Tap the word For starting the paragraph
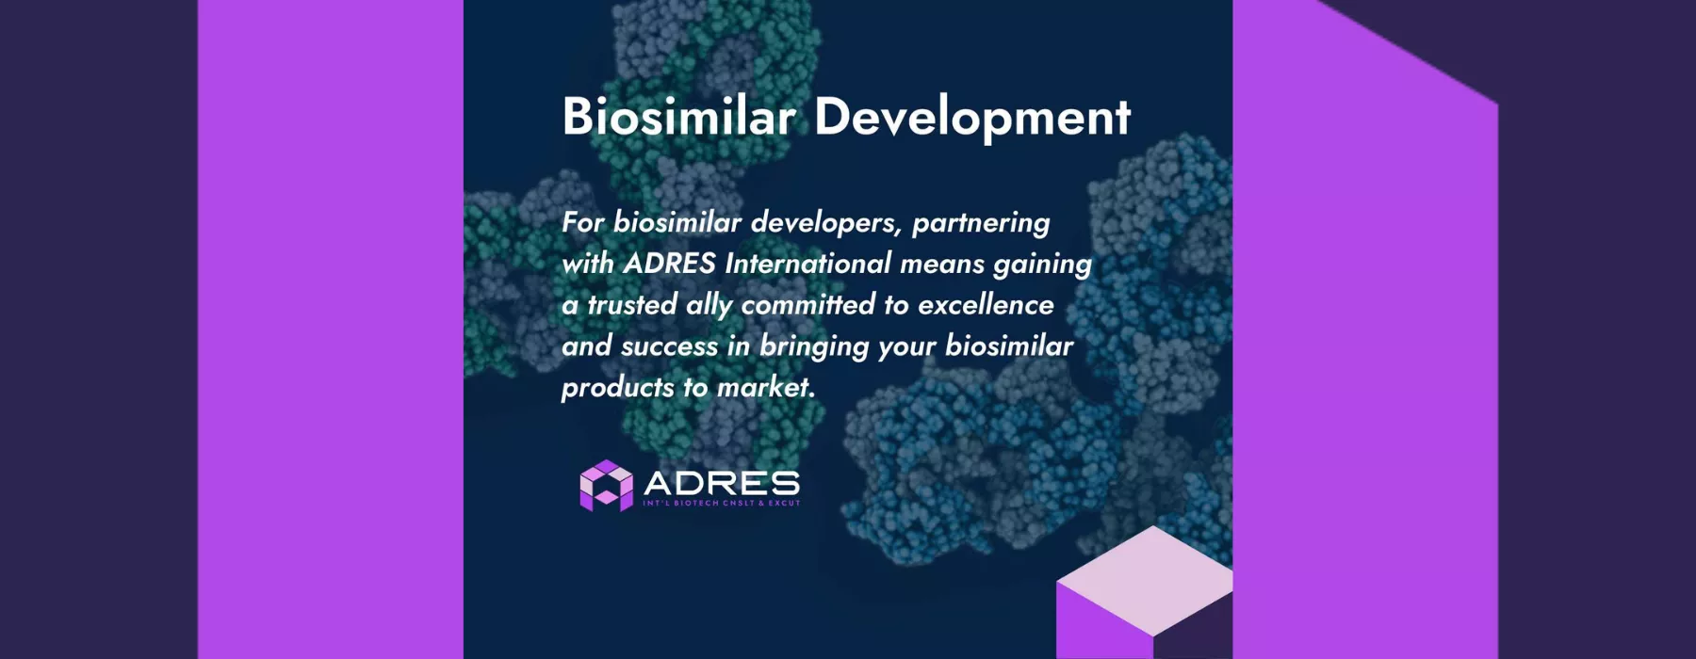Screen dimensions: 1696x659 point(583,222)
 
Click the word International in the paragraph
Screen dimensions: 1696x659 point(807,264)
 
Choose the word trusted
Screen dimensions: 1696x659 point(631,305)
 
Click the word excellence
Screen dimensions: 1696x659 point(986,305)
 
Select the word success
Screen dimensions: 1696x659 point(669,346)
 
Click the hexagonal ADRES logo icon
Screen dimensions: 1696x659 point(606,486)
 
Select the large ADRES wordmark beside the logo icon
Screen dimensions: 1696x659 point(722,484)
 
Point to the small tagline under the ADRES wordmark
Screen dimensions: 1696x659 point(722,504)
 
